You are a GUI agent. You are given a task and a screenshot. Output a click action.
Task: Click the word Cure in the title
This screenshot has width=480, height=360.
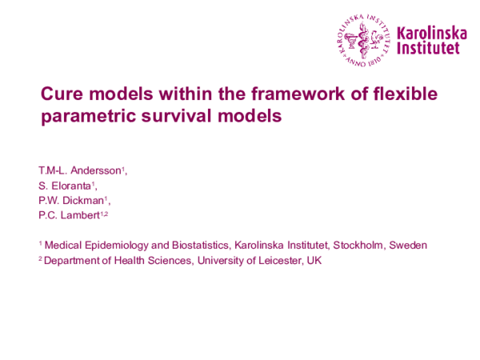click(x=61, y=94)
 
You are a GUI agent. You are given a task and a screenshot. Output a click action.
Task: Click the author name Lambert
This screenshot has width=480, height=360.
click(x=78, y=215)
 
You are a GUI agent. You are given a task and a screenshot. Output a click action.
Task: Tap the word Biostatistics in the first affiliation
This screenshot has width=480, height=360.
click(x=196, y=245)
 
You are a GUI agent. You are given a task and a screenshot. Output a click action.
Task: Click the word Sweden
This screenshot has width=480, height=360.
click(x=408, y=245)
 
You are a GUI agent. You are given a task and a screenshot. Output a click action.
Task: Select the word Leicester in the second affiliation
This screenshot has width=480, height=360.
click(x=275, y=261)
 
